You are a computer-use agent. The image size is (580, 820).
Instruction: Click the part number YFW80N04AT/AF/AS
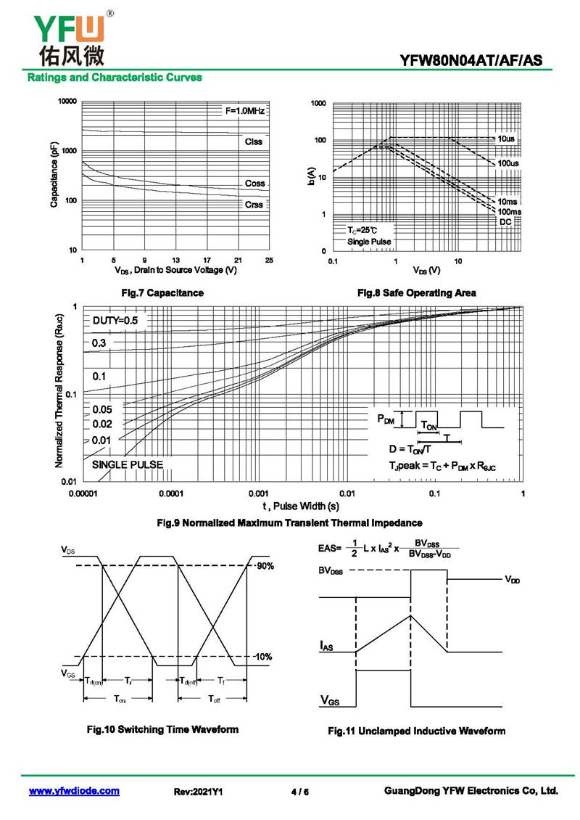click(x=471, y=60)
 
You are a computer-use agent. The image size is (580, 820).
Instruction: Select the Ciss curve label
click(x=254, y=142)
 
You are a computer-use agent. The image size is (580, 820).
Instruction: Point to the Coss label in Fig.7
click(x=254, y=184)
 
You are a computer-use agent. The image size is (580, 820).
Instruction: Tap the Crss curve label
click(x=254, y=205)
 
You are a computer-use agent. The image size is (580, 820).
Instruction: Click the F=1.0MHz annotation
click(x=244, y=111)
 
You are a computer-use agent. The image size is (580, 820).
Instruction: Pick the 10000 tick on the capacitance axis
click(x=67, y=102)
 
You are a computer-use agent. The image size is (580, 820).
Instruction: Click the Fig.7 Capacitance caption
click(x=164, y=293)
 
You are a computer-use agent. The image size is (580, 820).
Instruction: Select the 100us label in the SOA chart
click(x=507, y=164)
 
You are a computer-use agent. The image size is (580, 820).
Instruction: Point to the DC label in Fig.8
click(x=505, y=221)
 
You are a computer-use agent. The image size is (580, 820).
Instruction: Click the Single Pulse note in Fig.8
click(x=368, y=241)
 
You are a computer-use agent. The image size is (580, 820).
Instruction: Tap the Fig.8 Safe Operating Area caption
click(x=416, y=293)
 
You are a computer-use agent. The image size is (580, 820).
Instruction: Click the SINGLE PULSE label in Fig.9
click(x=128, y=464)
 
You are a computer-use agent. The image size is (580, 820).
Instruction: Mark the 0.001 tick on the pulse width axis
click(x=258, y=494)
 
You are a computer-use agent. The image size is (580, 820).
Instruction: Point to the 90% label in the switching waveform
click(x=264, y=565)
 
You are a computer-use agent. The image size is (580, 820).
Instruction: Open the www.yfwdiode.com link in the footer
click(x=74, y=791)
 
